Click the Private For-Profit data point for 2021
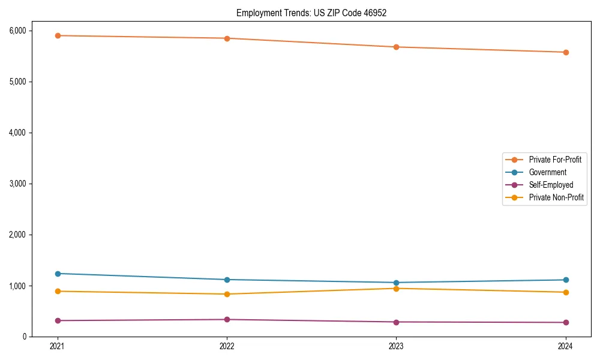pyautogui.click(x=58, y=35)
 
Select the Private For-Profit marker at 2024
pyautogui.click(x=566, y=52)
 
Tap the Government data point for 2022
pyautogui.click(x=227, y=280)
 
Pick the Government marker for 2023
pyautogui.click(x=397, y=283)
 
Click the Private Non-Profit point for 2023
pyautogui.click(x=397, y=289)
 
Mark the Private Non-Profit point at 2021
pyautogui.click(x=58, y=291)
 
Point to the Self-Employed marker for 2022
pyautogui.click(x=227, y=319)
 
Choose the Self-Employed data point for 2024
pyautogui.click(x=566, y=322)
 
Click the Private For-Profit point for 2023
pyautogui.click(x=397, y=47)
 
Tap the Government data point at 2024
pyautogui.click(x=566, y=280)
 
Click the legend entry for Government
pyautogui.click(x=547, y=172)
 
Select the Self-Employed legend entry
pyautogui.click(x=551, y=185)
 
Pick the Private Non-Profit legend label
pyautogui.click(x=556, y=197)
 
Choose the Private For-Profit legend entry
pyautogui.click(x=554, y=160)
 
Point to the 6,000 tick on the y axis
pyautogui.click(x=34, y=31)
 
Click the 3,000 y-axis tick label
pyautogui.click(x=34, y=184)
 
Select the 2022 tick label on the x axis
pyautogui.click(x=227, y=346)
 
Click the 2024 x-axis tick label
pyautogui.click(x=566, y=346)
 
